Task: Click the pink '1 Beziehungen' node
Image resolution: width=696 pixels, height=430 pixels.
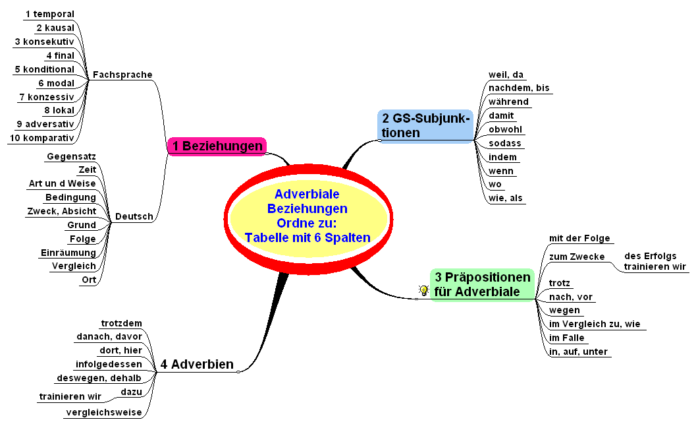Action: [x=217, y=146]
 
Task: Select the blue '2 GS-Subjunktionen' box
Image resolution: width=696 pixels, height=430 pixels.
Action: [x=426, y=125]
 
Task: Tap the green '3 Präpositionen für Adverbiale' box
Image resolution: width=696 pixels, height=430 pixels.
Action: [x=482, y=284]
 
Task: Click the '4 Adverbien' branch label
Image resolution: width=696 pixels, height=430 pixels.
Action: [x=197, y=364]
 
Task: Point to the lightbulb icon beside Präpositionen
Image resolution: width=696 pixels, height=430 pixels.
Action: [x=423, y=290]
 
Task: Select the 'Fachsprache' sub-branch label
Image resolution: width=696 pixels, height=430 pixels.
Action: [x=122, y=75]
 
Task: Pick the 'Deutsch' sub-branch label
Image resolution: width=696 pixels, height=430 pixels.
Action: [x=134, y=216]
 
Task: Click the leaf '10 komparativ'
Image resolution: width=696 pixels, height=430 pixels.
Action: [x=41, y=137]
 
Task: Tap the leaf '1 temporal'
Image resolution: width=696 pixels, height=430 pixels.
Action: [x=49, y=13]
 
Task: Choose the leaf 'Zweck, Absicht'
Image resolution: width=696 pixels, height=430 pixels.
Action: [x=61, y=211]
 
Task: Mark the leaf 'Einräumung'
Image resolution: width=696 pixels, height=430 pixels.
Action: [x=68, y=252]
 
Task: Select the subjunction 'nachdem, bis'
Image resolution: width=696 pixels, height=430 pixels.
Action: [x=519, y=88]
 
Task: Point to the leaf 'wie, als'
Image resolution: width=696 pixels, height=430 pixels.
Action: [x=506, y=198]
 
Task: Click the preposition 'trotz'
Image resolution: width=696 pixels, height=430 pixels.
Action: [x=560, y=283]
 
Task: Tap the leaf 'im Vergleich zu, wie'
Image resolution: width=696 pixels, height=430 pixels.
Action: [x=595, y=324]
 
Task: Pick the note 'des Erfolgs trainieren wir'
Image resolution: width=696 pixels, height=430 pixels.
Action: [x=655, y=261]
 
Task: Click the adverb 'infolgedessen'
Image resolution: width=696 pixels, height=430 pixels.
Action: [x=109, y=363]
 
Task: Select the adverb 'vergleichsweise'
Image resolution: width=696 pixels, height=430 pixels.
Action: [x=103, y=413]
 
